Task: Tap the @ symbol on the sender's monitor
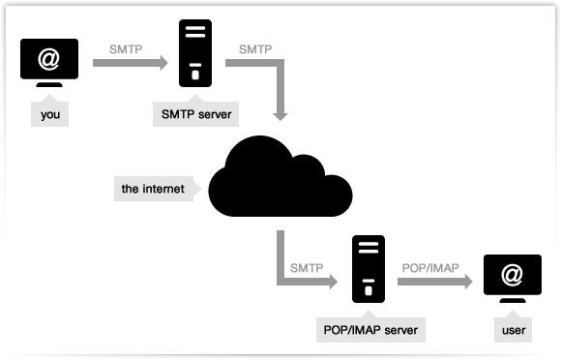tap(49, 59)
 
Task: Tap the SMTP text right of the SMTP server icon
tap(254, 46)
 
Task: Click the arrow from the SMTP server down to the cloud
tap(280, 92)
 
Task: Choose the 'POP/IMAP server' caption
tap(371, 330)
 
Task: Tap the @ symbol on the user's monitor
tap(513, 276)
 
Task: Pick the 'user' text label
tap(514, 331)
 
